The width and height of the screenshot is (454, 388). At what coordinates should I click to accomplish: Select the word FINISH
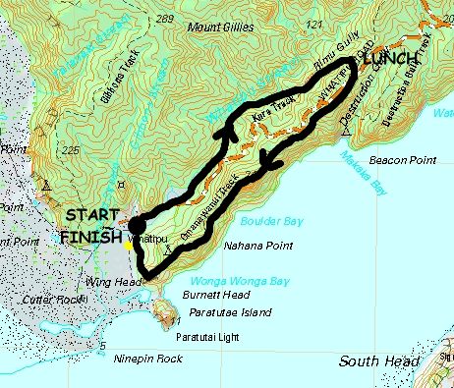(x=90, y=237)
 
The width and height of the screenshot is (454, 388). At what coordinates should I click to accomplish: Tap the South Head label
(x=378, y=361)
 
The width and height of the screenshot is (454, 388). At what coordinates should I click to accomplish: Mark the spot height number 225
(x=68, y=151)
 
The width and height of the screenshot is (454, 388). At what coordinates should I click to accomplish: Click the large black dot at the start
(x=137, y=222)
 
